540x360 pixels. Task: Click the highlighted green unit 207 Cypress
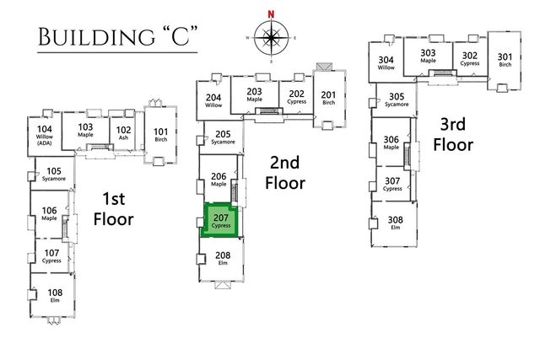(x=222, y=221)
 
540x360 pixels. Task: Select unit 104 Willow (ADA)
(x=45, y=136)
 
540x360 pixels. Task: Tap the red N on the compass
(x=271, y=14)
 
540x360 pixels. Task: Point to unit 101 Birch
(x=160, y=135)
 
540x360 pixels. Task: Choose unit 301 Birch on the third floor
(x=505, y=59)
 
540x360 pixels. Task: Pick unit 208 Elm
(x=223, y=258)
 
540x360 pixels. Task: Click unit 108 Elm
(x=55, y=295)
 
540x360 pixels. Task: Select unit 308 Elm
(x=394, y=223)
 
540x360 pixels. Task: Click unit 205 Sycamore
(x=223, y=137)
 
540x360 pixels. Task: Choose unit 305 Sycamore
(x=395, y=99)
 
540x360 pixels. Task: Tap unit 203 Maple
(x=255, y=94)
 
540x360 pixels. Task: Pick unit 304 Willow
(x=386, y=63)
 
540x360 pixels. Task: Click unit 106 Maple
(x=49, y=214)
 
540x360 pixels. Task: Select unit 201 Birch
(x=328, y=99)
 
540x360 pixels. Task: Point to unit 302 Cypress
(x=469, y=59)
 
